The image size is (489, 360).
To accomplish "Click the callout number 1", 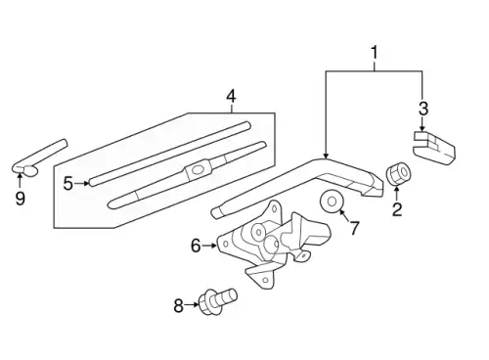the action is [x=375, y=53].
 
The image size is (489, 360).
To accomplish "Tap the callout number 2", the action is [x=397, y=209].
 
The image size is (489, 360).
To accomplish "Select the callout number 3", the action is [x=422, y=108].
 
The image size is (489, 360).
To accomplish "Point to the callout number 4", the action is [x=231, y=96].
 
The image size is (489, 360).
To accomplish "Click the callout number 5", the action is [x=68, y=183].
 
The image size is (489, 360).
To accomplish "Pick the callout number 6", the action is [x=196, y=246].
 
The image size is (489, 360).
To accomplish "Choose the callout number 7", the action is [x=354, y=227].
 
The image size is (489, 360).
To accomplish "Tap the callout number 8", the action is [x=178, y=305].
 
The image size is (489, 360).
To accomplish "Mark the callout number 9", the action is [x=20, y=198].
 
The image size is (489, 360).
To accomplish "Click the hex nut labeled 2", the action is [x=398, y=172].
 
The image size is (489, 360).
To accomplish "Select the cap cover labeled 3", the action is [x=433, y=148].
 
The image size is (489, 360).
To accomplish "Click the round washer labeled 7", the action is [x=332, y=202].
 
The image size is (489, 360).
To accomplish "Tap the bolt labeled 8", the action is [x=217, y=301].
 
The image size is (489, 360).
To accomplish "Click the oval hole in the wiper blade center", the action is [x=198, y=169].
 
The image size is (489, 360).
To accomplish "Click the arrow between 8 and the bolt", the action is [x=192, y=305].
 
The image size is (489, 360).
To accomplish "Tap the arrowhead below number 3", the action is [x=422, y=129].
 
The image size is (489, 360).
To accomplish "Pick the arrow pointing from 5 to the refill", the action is [x=82, y=183].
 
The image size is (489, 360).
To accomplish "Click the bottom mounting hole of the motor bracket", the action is [x=266, y=280].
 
